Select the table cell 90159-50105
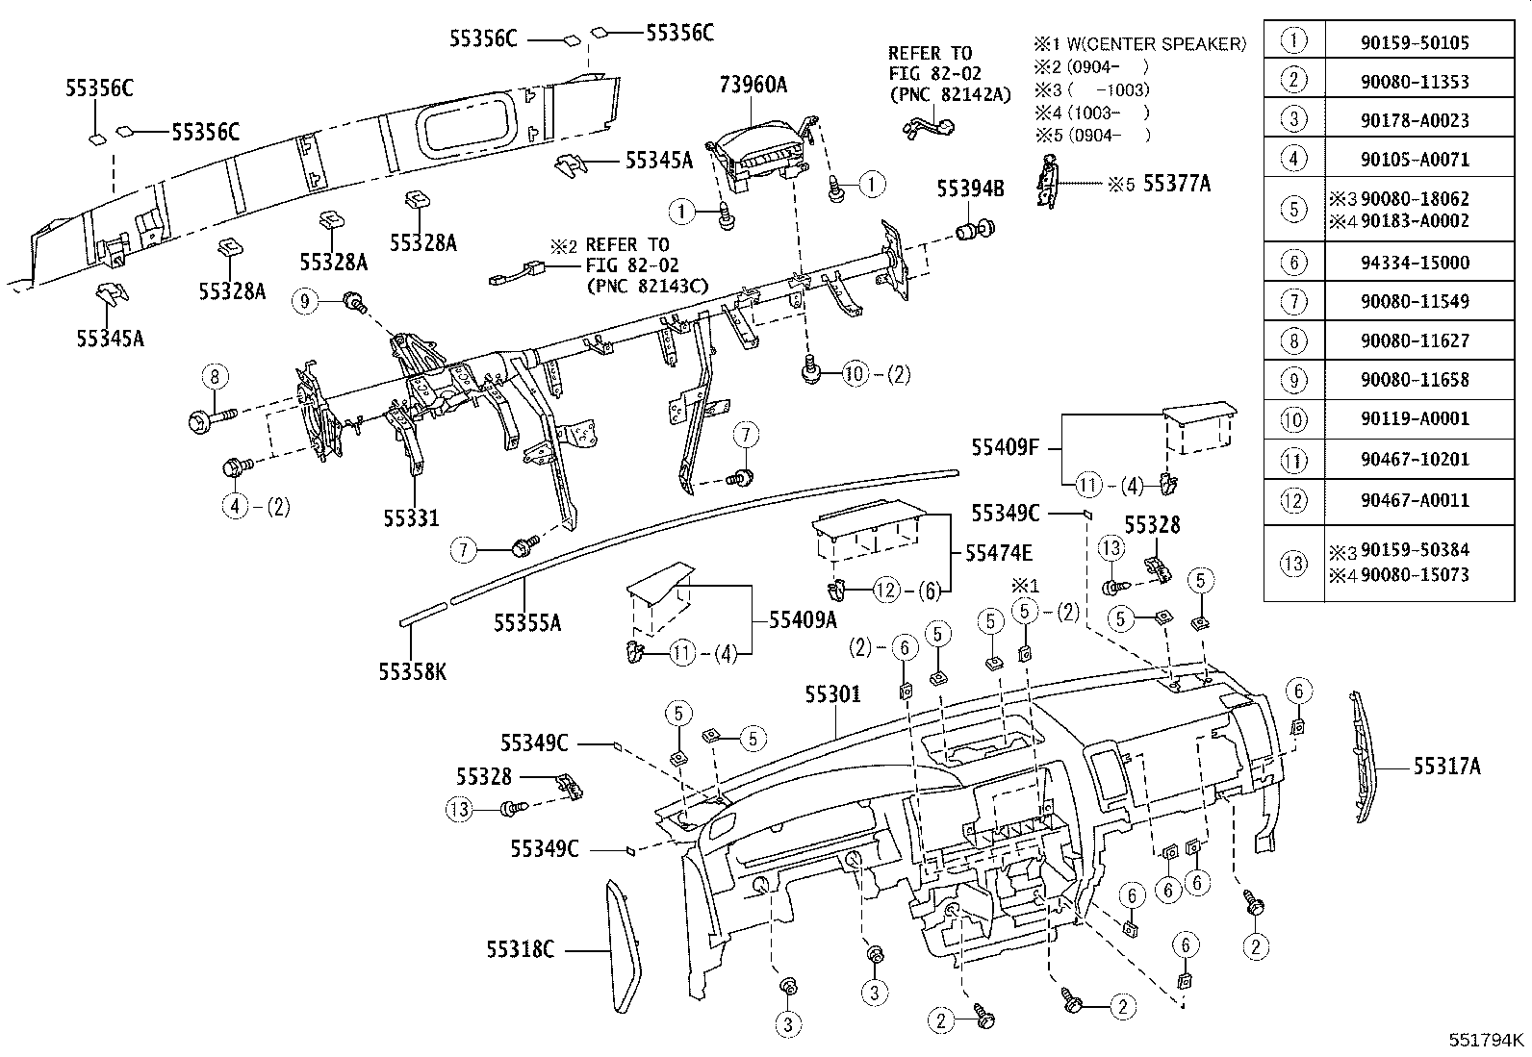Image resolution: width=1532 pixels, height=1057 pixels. point(1415,42)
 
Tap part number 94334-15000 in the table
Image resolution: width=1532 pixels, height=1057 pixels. point(1415,262)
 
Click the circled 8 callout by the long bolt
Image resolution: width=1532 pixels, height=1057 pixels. point(215,376)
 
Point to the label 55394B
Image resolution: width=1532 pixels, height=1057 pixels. point(970,189)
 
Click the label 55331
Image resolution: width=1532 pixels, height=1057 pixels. point(411,518)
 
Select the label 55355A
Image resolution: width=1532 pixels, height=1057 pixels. point(526,623)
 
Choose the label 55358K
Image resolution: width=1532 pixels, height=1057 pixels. point(412,672)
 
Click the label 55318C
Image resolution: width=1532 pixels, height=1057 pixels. point(520,950)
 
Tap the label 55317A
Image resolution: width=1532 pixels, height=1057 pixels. point(1446,767)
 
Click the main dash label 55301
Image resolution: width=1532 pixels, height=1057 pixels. point(832,694)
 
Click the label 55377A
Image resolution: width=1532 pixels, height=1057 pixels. point(1176,184)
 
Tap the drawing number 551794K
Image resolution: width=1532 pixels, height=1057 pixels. point(1486,1040)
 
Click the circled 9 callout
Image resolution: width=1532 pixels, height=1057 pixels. point(305,302)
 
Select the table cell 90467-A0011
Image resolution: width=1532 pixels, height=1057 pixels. point(1415,500)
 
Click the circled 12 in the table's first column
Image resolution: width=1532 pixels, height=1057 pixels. point(1293,500)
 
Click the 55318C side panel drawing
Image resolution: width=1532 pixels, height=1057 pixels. point(626,947)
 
